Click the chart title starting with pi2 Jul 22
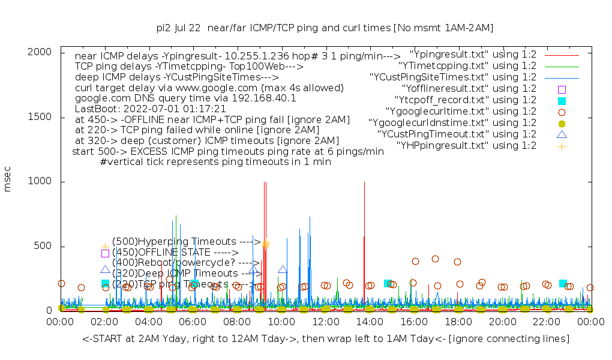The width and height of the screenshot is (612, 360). coord(325,28)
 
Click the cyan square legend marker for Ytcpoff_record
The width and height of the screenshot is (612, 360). coord(562,100)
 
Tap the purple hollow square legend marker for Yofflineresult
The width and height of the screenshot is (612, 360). coord(562,89)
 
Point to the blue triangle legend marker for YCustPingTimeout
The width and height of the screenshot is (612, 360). coord(562,134)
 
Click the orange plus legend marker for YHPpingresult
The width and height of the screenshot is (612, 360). coord(562,146)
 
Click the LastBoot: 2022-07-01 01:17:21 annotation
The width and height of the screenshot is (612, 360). coord(151,109)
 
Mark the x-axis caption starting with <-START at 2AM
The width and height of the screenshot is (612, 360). coord(326,340)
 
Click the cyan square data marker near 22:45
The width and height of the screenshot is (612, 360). coord(563,283)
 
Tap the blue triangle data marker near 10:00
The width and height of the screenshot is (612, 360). coord(283,270)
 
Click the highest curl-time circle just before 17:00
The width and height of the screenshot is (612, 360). coord(435,259)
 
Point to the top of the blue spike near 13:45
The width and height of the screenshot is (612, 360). coord(364,182)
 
